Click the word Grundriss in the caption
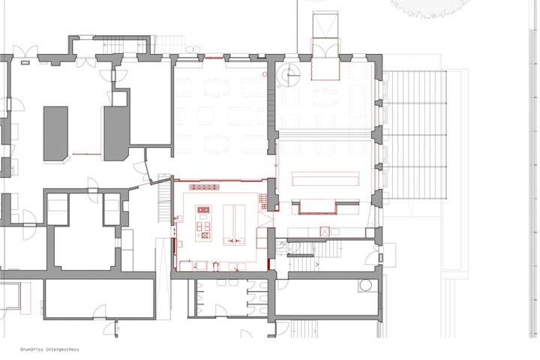pyautogui.click(x=31, y=349)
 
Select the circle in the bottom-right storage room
pyautogui.click(x=365, y=285)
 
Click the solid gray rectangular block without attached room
pyautogui.click(x=55, y=133)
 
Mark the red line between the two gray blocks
pyautogui.click(x=86, y=154)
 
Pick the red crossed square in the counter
pyautogui.click(x=325, y=231)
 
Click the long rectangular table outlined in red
pyautogui.click(x=325, y=178)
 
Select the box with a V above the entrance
pyautogui.click(x=325, y=24)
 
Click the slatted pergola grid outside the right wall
pyautogui.click(x=415, y=135)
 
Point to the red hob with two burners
pyautogui.click(x=203, y=209)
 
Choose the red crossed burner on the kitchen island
pyautogui.click(x=205, y=235)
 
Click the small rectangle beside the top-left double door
pyautogui.click(x=25, y=63)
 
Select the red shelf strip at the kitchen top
pyautogui.click(x=204, y=187)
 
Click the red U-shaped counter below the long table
pyautogui.click(x=317, y=208)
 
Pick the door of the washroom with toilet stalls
pyautogui.click(x=221, y=310)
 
